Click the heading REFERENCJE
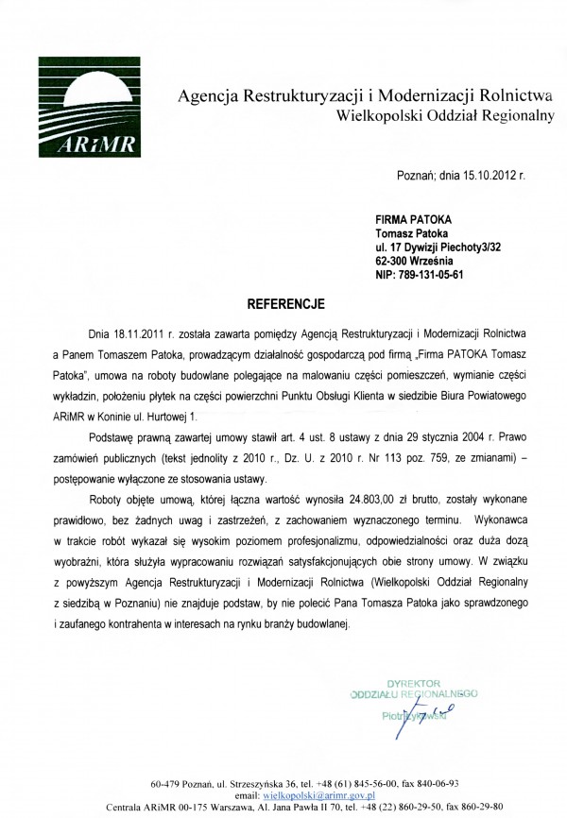[285, 305]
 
